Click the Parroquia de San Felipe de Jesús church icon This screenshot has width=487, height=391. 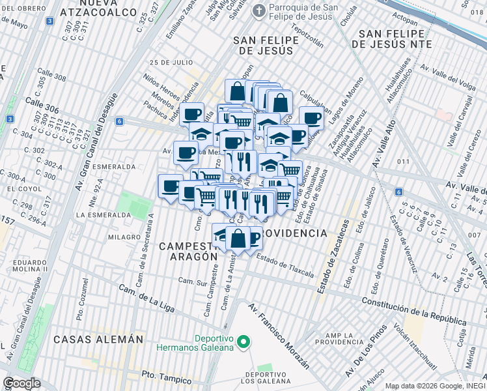click(x=258, y=10)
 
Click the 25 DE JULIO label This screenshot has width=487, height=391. click(x=171, y=63)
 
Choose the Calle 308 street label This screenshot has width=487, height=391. click(x=51, y=75)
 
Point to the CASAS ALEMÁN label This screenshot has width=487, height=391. click(x=98, y=340)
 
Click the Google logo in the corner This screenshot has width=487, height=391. click(x=21, y=383)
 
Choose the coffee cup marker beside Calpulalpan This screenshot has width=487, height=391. click(x=311, y=118)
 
